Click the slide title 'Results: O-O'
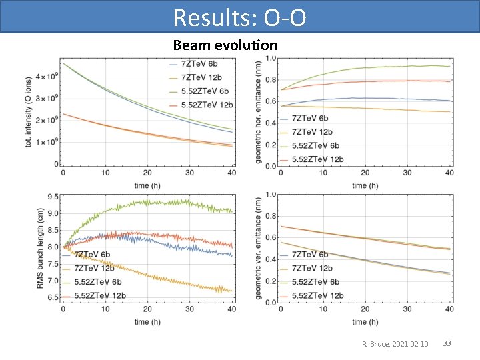pyautogui.click(x=239, y=17)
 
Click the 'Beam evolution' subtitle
pyautogui.click(x=225, y=45)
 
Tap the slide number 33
pyautogui.click(x=447, y=343)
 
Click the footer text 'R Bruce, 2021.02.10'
pyautogui.click(x=395, y=344)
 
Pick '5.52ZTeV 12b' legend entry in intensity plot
pyautogui.click(x=206, y=105)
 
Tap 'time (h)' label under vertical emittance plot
pyautogui.click(x=365, y=322)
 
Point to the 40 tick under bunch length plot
pyautogui.click(x=231, y=310)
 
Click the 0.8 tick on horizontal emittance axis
pyautogui.click(x=271, y=80)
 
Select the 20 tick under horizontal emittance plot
pyautogui.click(x=365, y=173)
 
